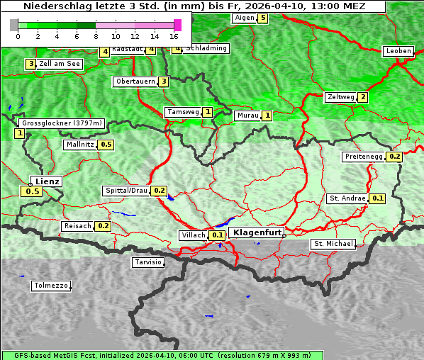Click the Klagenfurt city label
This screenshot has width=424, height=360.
pos(257,232)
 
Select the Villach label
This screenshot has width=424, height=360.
pos(194,235)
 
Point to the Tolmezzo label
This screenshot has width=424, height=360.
pos(51,286)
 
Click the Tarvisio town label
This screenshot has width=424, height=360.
pos(148,262)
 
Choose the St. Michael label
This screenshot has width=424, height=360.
pos(333,244)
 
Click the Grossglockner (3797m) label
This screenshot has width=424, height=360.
pos(62,123)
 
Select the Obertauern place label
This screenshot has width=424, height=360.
pos(135,81)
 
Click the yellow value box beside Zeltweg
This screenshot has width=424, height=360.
pos(363,97)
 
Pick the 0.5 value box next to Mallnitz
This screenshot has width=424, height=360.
pos(106,145)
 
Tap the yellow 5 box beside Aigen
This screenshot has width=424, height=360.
pos(263,18)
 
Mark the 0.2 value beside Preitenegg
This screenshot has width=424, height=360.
pos(394,157)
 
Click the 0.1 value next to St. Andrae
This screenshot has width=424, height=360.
pos(378,198)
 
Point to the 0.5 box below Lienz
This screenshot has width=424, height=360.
pos(33,191)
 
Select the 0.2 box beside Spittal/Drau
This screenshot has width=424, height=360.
pos(159,191)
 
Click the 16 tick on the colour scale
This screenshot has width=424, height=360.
pos(174,36)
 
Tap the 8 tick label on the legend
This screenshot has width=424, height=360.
pos(96,36)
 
